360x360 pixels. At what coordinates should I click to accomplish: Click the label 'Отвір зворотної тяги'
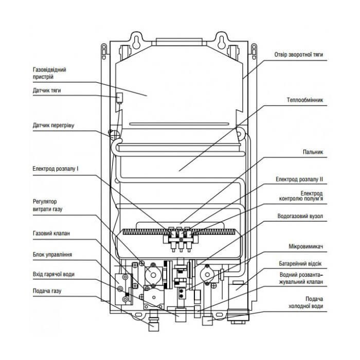tap(299, 54)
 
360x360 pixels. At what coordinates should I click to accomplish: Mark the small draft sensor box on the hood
tap(118, 97)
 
